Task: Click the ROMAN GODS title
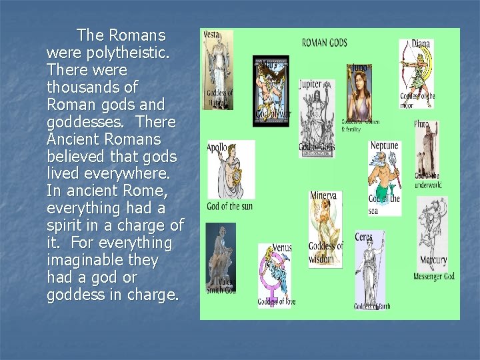pos(325,43)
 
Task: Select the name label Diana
pos(421,43)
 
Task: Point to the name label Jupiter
pos(310,85)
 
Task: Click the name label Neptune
pos(384,145)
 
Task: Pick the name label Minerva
pos(323,196)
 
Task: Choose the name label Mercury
pos(433,260)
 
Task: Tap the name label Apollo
pos(217,147)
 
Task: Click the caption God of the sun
pos(229,206)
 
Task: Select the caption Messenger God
pos(433,276)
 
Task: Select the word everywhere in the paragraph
pos(125,173)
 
